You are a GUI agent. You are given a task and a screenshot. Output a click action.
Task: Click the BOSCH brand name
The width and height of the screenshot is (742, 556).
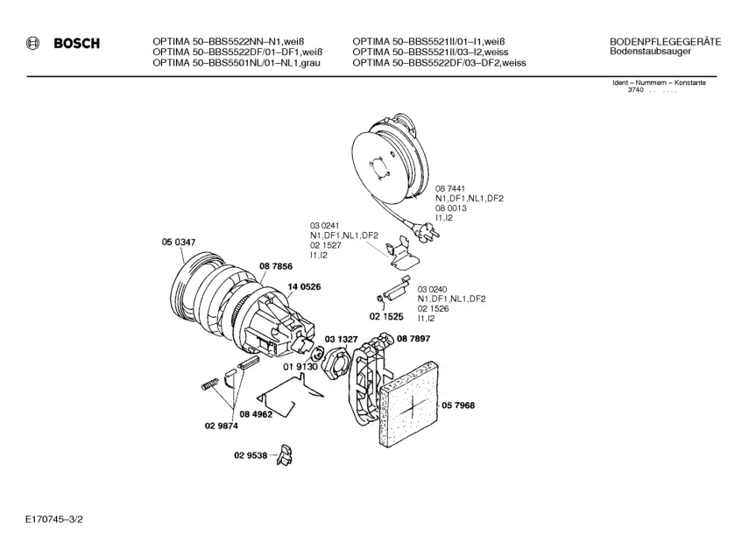tap(77, 44)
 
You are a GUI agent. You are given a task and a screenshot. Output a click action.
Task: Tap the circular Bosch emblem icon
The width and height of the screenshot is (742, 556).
tap(32, 44)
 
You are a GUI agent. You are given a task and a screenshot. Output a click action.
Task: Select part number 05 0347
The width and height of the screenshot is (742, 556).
tap(178, 243)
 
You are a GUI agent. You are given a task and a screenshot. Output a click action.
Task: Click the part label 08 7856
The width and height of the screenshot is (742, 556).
tap(276, 267)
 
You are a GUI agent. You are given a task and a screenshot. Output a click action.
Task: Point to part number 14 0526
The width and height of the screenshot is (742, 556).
tap(304, 287)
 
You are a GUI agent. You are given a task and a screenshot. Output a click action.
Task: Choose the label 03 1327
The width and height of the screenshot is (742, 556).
tap(341, 340)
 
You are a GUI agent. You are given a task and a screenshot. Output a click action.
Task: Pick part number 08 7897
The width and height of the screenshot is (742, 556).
tap(413, 339)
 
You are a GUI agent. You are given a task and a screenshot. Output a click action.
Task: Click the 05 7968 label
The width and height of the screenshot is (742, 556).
tap(458, 405)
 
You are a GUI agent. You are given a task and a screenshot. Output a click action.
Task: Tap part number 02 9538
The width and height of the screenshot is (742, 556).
tap(251, 456)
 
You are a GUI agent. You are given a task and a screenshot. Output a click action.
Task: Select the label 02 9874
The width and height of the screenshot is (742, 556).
tap(222, 426)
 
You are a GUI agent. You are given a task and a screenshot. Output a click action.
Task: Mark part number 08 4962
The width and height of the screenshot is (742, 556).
tap(256, 415)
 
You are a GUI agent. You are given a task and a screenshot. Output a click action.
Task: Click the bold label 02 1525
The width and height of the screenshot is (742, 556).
tap(386, 317)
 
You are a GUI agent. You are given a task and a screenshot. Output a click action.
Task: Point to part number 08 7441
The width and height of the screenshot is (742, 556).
tap(450, 188)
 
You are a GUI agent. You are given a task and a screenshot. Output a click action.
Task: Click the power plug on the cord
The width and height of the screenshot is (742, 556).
tap(427, 231)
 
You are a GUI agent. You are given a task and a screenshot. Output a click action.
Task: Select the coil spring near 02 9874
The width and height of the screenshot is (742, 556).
tap(209, 384)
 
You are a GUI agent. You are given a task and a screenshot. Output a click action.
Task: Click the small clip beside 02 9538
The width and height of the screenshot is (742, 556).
tap(286, 454)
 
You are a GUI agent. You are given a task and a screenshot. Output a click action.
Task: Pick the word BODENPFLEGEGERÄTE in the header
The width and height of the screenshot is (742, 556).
tap(665, 42)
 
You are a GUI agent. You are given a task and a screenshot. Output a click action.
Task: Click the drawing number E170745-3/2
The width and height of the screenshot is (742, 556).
tap(54, 519)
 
